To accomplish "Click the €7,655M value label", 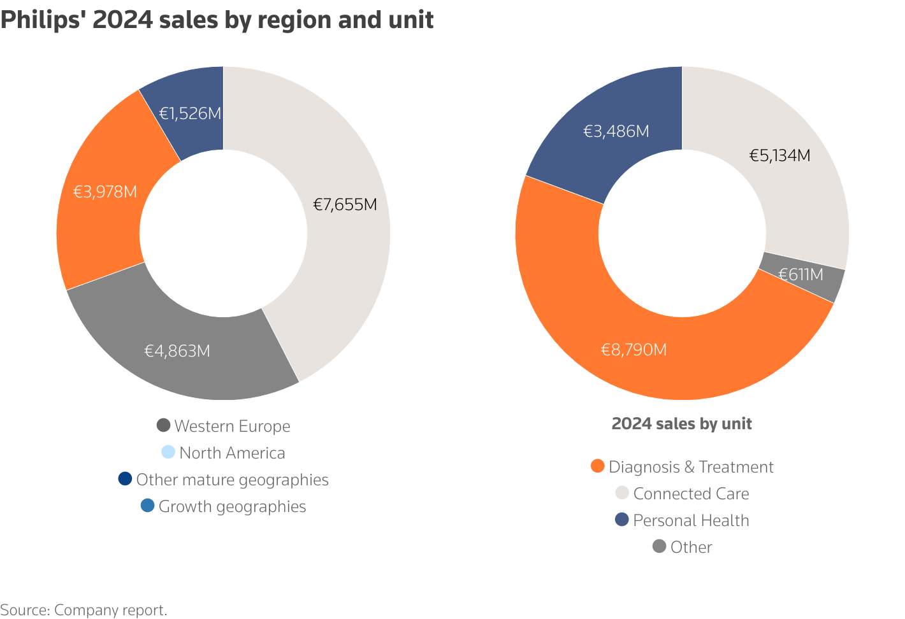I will (x=345, y=204).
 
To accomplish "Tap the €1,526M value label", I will (x=190, y=113).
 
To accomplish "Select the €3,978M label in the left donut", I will (x=105, y=192).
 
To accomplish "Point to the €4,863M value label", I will (x=177, y=351).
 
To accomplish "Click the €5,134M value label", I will (x=779, y=155).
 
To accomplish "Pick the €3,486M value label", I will (x=616, y=131).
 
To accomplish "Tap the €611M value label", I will (x=800, y=274).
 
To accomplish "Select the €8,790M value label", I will (x=634, y=350).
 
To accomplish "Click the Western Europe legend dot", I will (x=163, y=425).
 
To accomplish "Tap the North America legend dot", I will (x=168, y=452).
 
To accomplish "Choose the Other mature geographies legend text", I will (x=232, y=480).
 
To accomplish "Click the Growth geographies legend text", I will (x=232, y=506).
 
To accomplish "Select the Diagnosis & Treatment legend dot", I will (x=597, y=466).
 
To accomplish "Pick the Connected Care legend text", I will (x=691, y=494).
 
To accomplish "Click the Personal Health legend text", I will (x=691, y=520).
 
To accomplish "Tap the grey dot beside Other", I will (x=660, y=546).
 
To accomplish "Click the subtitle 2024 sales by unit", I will (x=681, y=423).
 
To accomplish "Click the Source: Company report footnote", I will (x=83, y=609).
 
